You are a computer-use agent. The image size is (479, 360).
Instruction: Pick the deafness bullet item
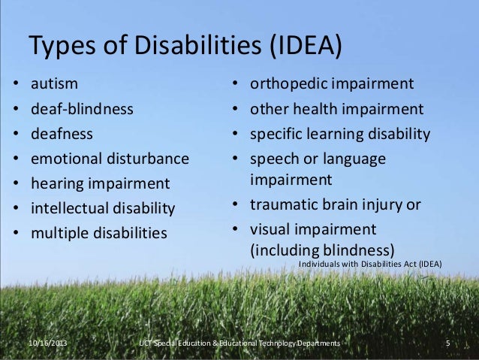click(x=62, y=134)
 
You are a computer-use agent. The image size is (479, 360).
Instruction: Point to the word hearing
click(x=58, y=183)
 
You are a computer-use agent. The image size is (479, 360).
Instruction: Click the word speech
click(x=275, y=159)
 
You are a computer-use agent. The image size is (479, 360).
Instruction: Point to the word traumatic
click(x=283, y=204)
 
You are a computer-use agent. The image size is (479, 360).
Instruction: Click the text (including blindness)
click(x=322, y=250)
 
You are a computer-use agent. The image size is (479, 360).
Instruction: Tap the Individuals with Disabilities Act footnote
click(x=370, y=264)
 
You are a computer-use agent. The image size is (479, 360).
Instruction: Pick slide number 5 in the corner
click(x=447, y=343)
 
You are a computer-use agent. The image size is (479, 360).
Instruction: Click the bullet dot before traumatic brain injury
click(x=235, y=204)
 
